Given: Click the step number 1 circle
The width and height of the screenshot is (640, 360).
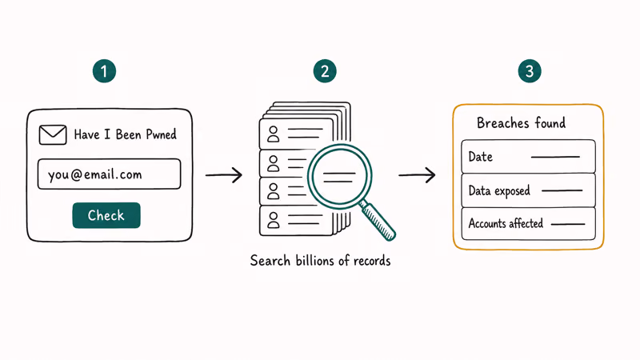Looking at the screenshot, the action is pyautogui.click(x=104, y=71).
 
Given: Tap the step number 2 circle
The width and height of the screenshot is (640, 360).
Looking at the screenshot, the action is pyautogui.click(x=325, y=71).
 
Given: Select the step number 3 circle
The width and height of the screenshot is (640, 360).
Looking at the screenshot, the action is pyautogui.click(x=530, y=71).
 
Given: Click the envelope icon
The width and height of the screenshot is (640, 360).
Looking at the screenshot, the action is pyautogui.click(x=53, y=134).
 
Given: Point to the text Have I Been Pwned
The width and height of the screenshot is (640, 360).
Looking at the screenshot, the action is pyautogui.click(x=125, y=134).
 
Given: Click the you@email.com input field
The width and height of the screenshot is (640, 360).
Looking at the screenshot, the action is pyautogui.click(x=109, y=174).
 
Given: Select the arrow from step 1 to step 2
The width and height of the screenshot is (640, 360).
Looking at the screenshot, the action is pyautogui.click(x=224, y=175).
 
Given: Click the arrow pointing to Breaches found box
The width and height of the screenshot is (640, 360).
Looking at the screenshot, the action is pyautogui.click(x=417, y=175).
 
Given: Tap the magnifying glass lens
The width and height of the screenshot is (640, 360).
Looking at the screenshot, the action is pyautogui.click(x=339, y=176).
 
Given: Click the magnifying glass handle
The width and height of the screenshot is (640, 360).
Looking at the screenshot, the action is pyautogui.click(x=378, y=221).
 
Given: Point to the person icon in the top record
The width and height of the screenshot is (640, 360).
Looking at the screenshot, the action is pyautogui.click(x=273, y=134).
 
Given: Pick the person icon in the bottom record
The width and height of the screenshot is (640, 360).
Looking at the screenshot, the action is pyautogui.click(x=273, y=219).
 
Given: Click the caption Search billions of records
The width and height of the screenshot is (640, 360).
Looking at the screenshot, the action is pyautogui.click(x=321, y=261).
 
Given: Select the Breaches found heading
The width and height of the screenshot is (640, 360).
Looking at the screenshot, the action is pyautogui.click(x=522, y=122).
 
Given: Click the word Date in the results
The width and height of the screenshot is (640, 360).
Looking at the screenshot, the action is pyautogui.click(x=481, y=157).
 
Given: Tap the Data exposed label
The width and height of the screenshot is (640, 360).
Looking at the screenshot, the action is pyautogui.click(x=499, y=191).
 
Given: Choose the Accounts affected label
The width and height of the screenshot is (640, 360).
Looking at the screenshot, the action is pyautogui.click(x=506, y=223).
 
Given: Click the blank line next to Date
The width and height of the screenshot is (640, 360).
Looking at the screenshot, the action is pyautogui.click(x=555, y=157).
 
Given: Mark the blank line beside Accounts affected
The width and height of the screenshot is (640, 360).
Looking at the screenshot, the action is pyautogui.click(x=568, y=224).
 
